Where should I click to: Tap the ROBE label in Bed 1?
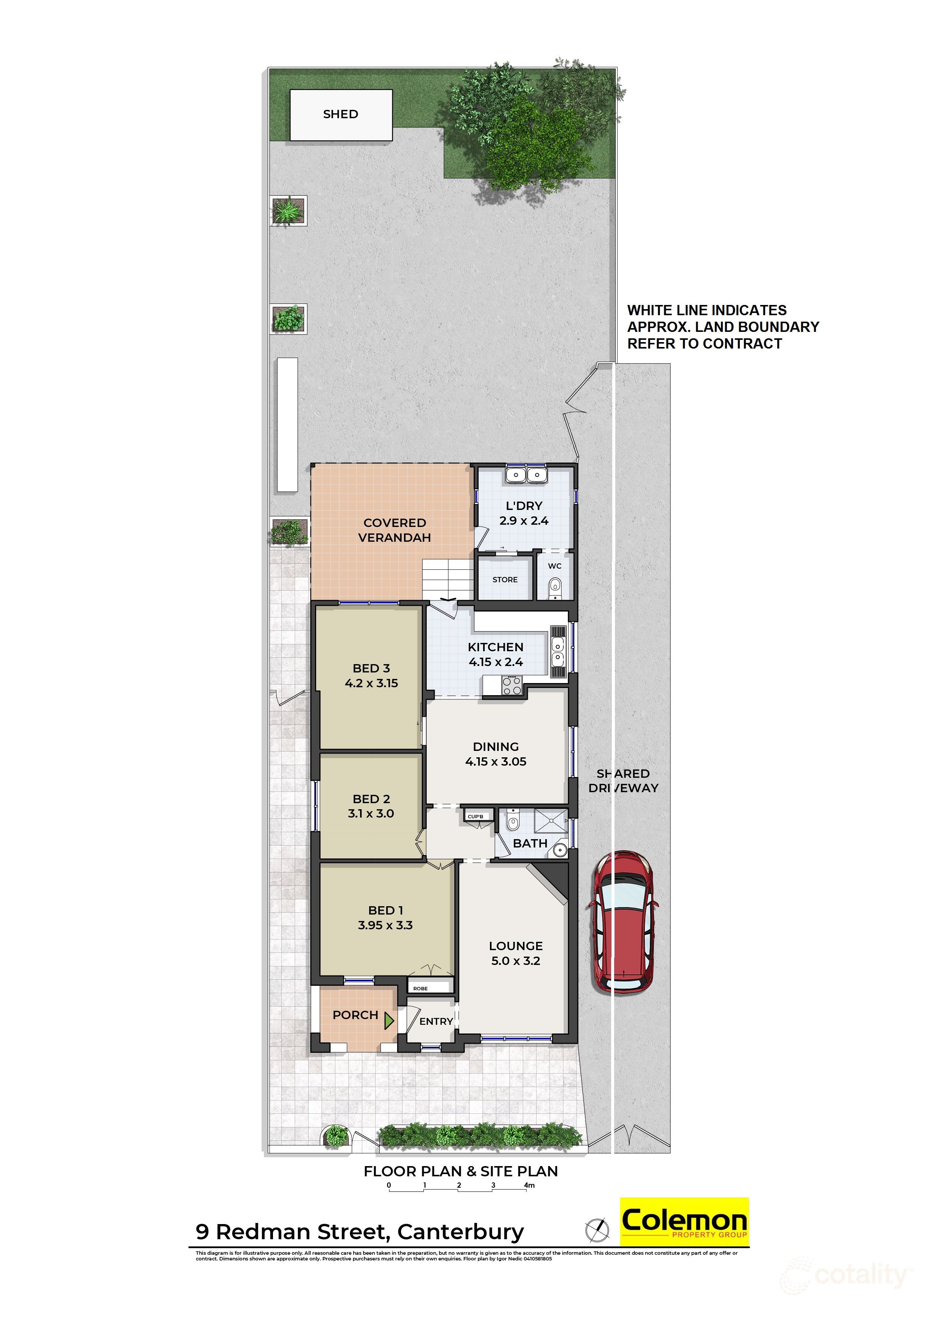tap(421, 989)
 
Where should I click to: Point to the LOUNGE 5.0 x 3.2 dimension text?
tap(515, 961)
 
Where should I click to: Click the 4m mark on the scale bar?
tap(529, 1185)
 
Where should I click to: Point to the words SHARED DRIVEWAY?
tap(623, 780)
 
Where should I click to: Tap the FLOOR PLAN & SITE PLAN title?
tap(460, 1171)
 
